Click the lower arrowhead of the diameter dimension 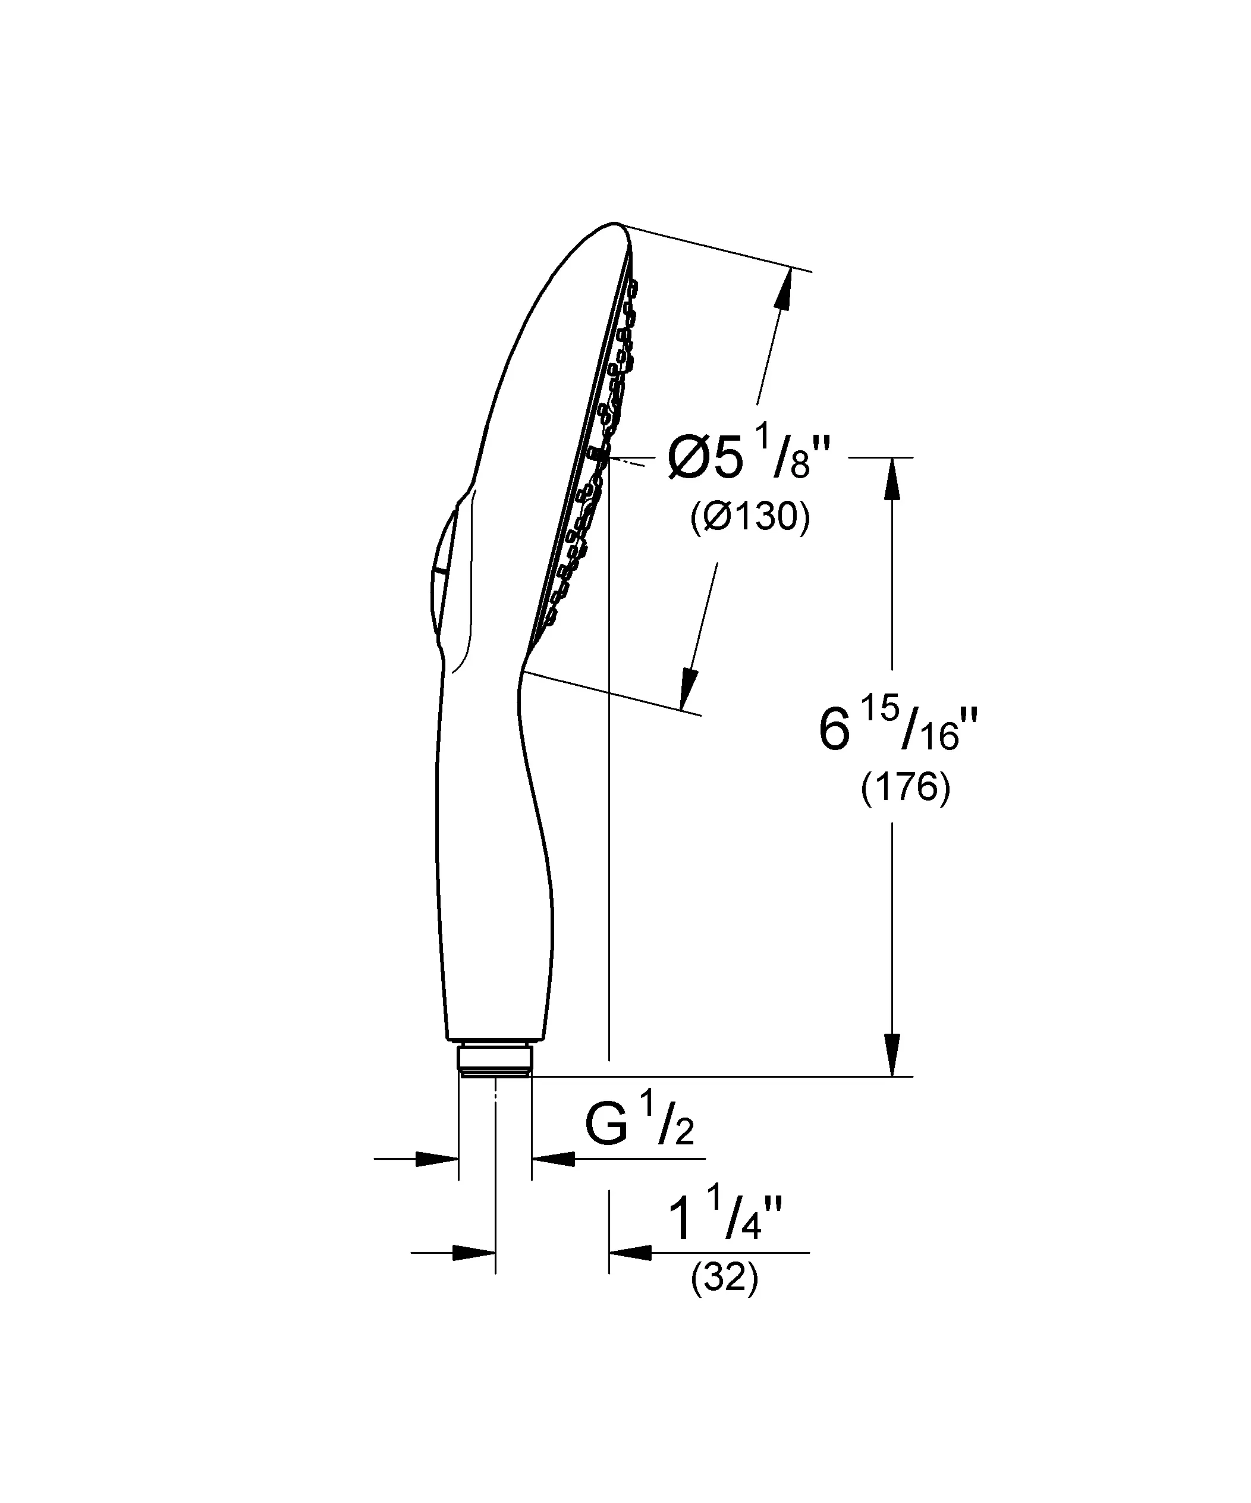click(690, 689)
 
